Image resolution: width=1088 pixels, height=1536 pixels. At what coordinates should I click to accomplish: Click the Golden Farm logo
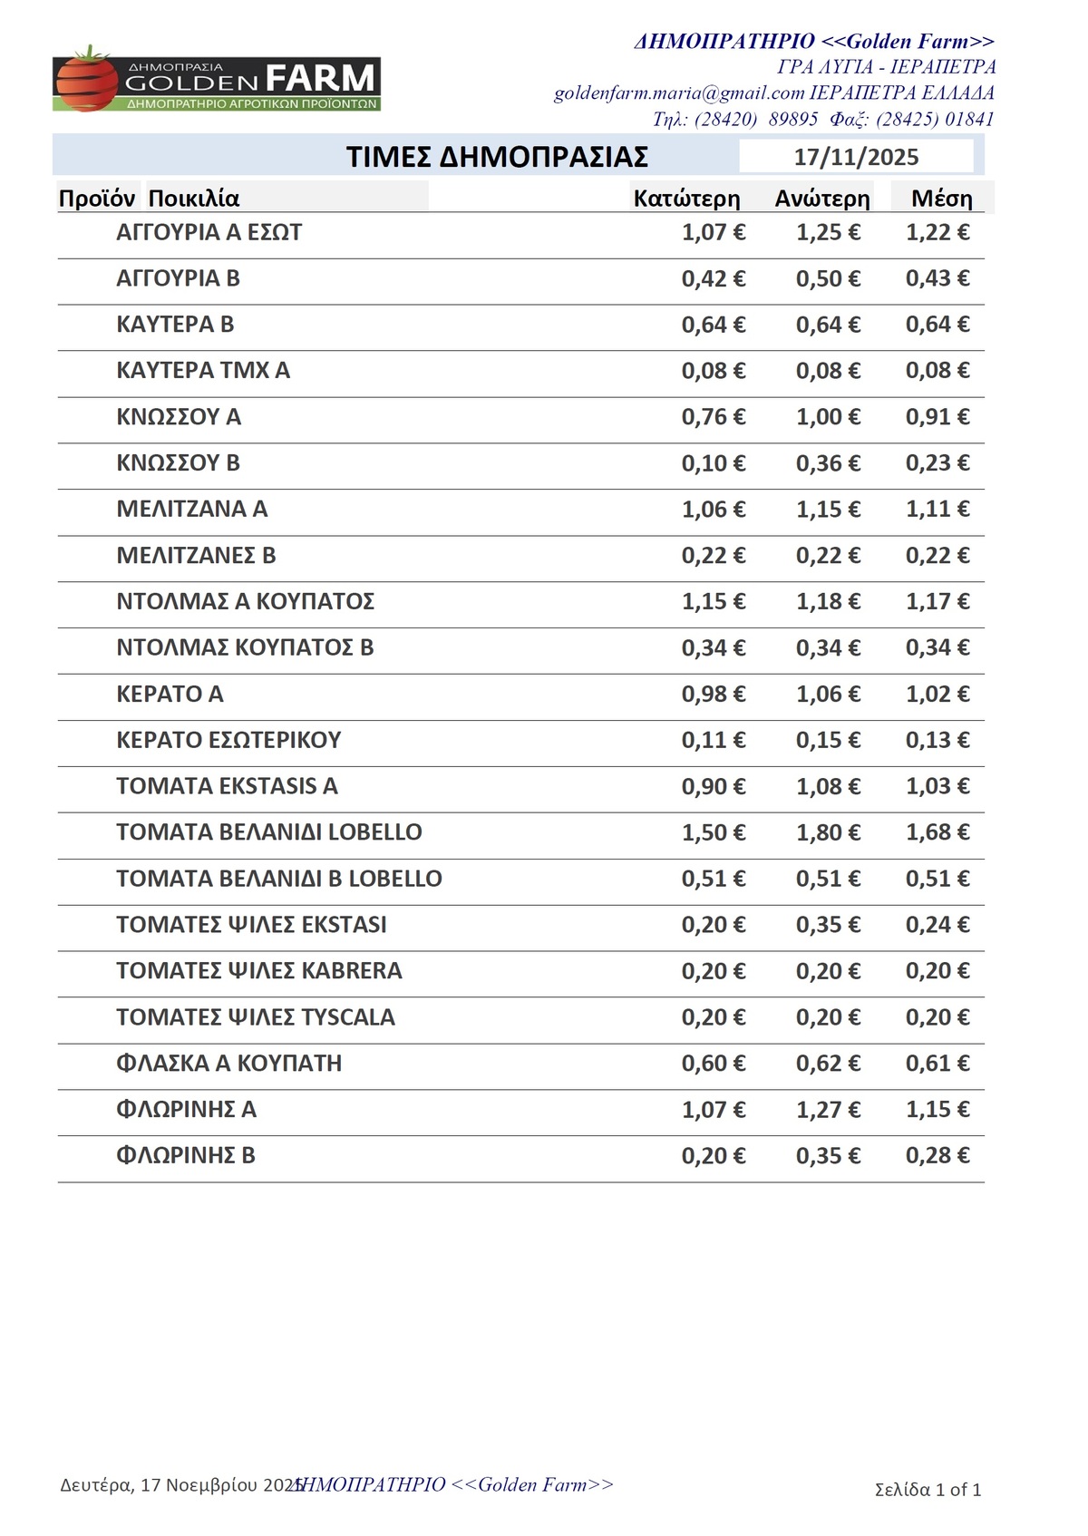[x=217, y=80]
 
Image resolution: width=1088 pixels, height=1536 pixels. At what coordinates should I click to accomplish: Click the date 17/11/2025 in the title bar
[x=856, y=157]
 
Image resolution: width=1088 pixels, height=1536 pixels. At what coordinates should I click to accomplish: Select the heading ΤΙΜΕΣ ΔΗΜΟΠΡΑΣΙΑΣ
[x=497, y=157]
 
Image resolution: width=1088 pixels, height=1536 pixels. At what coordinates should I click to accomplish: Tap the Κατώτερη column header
[x=686, y=199]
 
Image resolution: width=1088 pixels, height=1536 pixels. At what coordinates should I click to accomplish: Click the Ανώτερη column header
[x=822, y=199]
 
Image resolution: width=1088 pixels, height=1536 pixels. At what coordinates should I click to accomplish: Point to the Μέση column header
[x=941, y=199]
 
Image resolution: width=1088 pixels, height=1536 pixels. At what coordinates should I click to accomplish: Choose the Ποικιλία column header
[x=194, y=199]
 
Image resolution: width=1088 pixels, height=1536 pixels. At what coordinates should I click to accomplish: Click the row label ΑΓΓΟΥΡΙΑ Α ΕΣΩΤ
[x=209, y=233]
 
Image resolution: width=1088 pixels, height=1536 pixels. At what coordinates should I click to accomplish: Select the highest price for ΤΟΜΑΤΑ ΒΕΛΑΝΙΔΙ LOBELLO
[x=828, y=832]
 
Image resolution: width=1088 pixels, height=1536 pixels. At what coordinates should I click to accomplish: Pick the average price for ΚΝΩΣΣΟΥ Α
[x=937, y=417]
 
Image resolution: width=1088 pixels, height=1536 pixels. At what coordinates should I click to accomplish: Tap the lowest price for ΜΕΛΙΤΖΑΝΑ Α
[x=714, y=510]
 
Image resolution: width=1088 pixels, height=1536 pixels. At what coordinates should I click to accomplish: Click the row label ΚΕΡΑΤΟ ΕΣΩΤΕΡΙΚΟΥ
[x=228, y=740]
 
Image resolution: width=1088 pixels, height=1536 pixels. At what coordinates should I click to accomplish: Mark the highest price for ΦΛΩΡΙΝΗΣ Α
[x=828, y=1110]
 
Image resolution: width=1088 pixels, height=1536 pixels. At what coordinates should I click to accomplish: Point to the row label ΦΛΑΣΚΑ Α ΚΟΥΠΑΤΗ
[x=228, y=1064]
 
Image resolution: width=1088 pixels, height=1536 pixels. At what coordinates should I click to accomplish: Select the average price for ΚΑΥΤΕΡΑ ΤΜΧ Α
[x=937, y=371]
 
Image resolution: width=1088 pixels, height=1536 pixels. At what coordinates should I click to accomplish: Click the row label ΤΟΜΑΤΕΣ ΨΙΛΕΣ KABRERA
[x=258, y=971]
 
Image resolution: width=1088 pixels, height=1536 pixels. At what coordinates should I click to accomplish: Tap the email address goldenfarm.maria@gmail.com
[x=679, y=93]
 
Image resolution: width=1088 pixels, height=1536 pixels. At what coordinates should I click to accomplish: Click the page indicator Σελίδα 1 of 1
[x=928, y=1489]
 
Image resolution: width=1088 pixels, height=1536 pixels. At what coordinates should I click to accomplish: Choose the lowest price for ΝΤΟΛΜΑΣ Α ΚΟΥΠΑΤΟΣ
[x=714, y=602]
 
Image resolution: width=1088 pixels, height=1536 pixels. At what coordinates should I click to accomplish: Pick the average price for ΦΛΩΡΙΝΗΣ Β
[x=937, y=1156]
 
